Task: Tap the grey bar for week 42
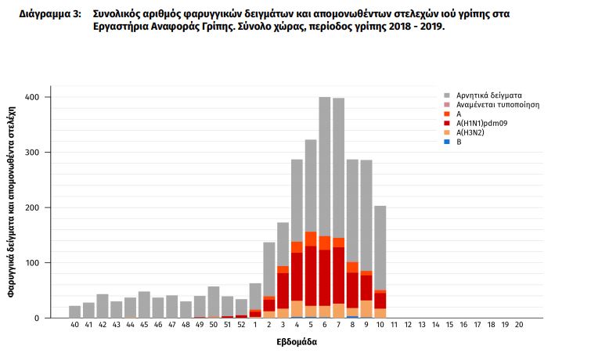point(103,306)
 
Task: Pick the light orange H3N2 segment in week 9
point(366,309)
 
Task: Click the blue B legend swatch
point(447,142)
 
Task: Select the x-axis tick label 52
point(241,325)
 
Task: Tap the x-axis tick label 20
point(519,325)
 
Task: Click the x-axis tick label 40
point(75,325)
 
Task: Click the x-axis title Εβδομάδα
point(297,342)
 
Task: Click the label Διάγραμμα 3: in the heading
point(49,15)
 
